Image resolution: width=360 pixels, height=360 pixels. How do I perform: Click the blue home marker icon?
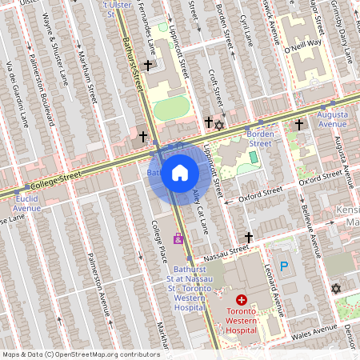coord(180,173)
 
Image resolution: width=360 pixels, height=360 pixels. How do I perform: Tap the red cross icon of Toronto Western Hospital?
coord(242,299)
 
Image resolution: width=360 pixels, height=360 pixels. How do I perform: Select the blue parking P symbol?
coord(282,266)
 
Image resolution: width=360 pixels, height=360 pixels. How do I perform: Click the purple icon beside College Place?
coord(178,239)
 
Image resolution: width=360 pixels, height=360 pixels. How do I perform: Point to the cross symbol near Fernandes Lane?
coord(147,65)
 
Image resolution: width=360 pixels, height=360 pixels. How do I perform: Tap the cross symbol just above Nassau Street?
coord(249,238)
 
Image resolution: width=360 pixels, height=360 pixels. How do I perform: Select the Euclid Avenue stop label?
coord(26,203)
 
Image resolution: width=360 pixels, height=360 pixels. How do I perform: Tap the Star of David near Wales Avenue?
coord(335,288)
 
